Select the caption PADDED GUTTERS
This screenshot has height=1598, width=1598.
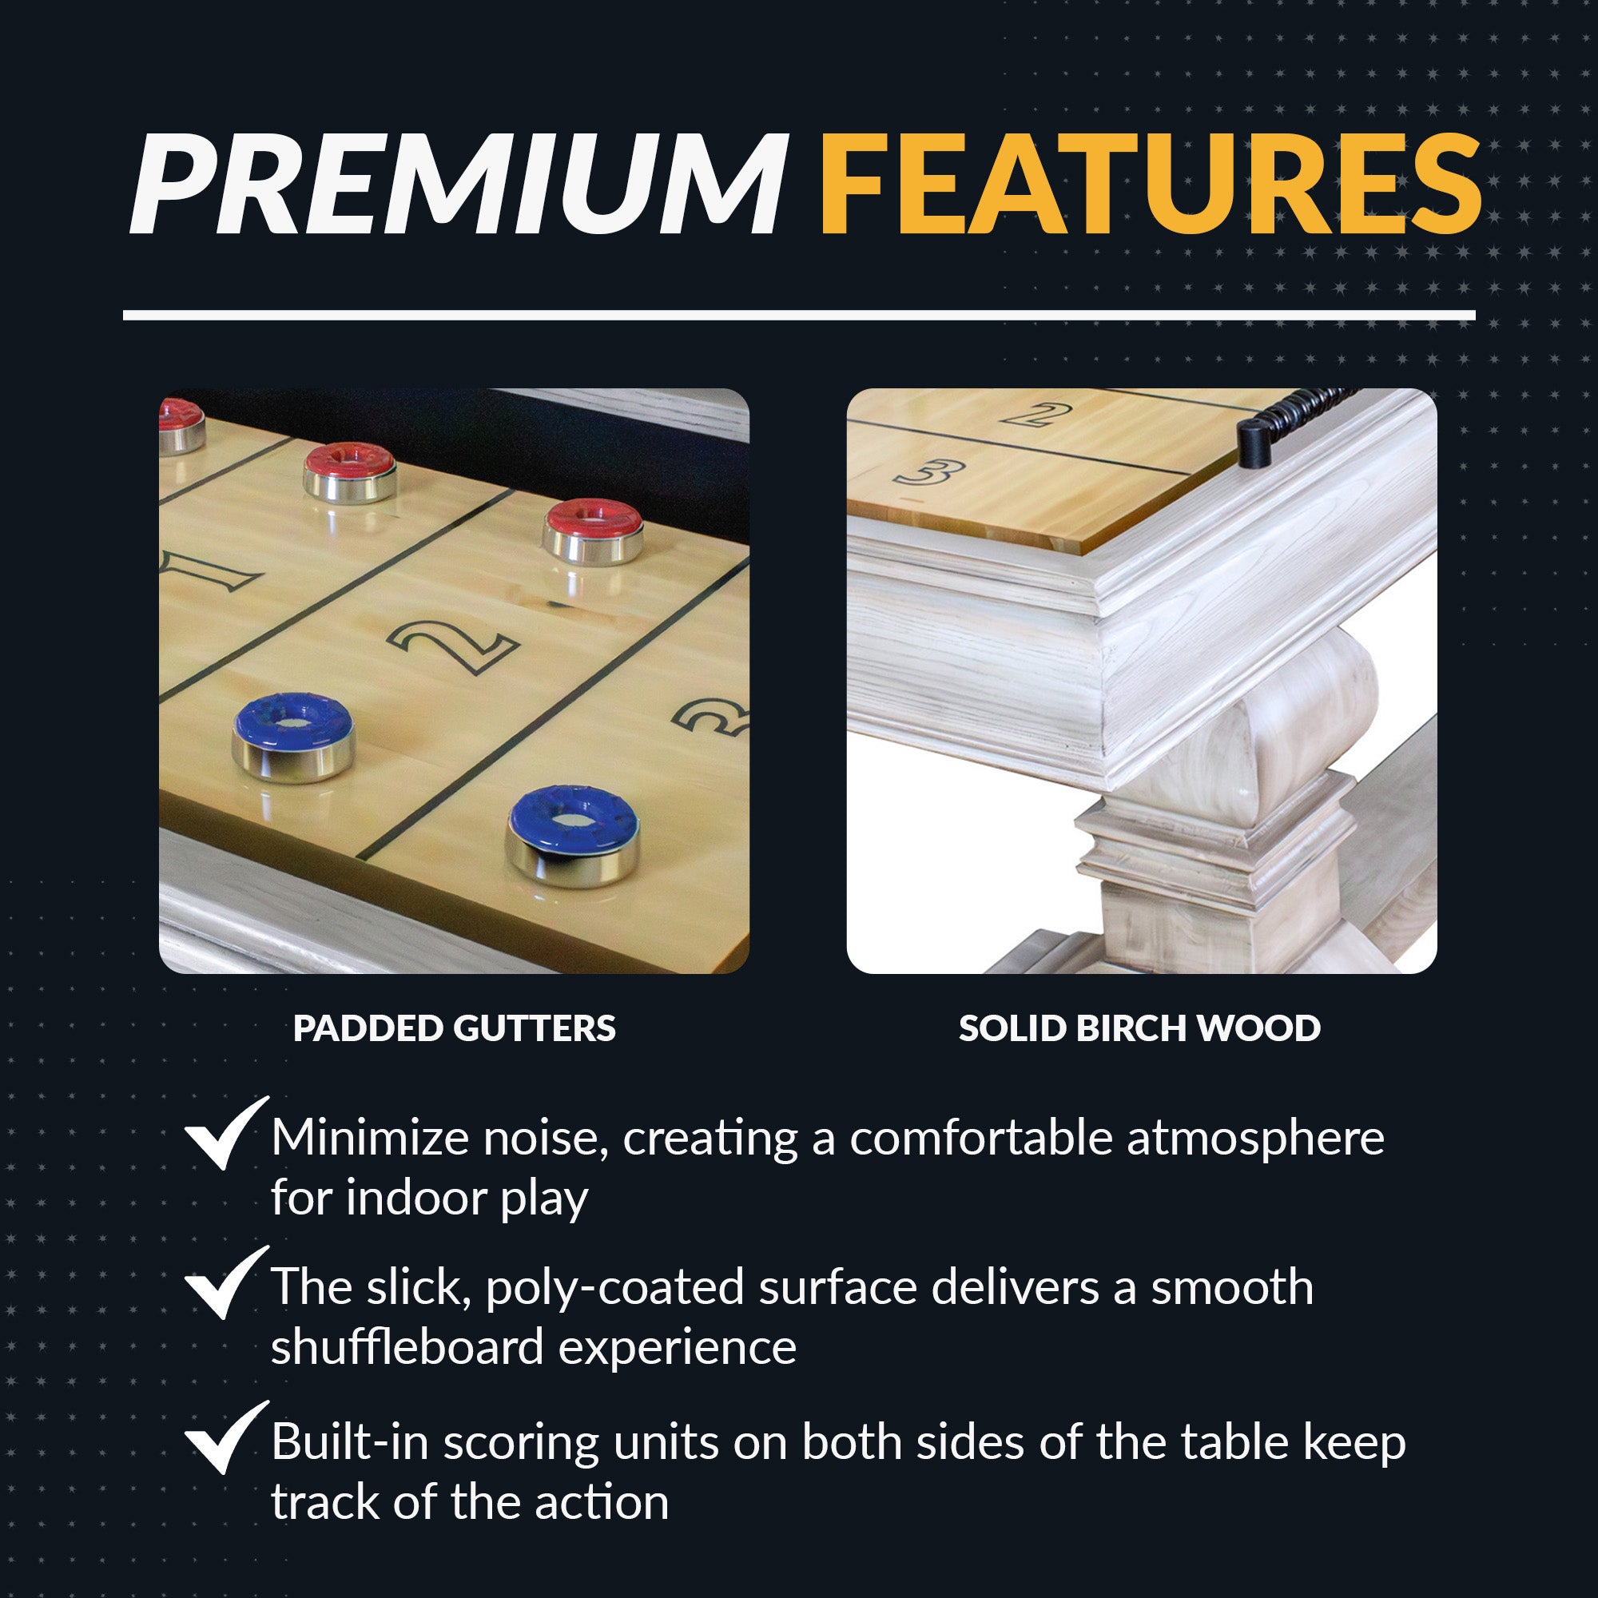[454, 1028]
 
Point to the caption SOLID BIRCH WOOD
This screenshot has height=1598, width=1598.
[1139, 1028]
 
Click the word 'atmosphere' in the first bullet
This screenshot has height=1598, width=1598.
[1254, 1138]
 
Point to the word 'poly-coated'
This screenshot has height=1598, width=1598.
[614, 1288]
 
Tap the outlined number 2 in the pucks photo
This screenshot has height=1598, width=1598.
[452, 646]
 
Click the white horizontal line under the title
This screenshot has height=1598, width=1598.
[799, 315]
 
